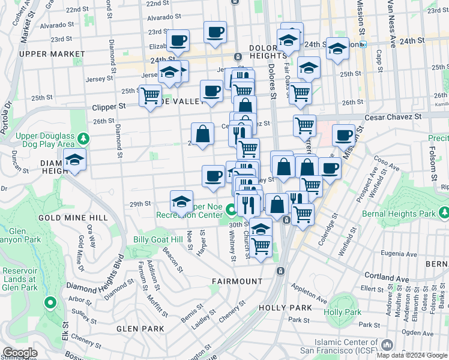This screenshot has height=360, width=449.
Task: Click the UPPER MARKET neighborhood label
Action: (46, 54)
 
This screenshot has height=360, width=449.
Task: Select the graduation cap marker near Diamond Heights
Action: (75, 161)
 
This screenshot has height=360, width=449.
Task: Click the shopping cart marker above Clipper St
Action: (150, 95)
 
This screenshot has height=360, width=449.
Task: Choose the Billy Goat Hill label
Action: (157, 239)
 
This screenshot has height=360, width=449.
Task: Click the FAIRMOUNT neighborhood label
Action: (237, 281)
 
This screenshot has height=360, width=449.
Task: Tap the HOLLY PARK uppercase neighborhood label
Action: (285, 307)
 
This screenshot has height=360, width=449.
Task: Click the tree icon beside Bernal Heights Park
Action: (444, 213)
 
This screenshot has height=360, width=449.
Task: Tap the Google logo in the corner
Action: (19, 353)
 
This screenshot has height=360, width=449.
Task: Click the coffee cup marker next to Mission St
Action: (343, 136)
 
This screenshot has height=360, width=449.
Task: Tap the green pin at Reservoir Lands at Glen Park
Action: (50, 302)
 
